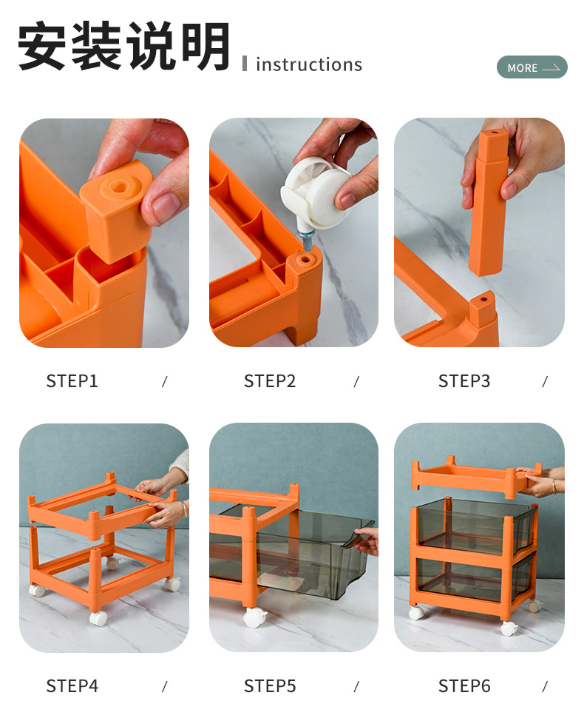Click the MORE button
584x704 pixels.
pos(532,67)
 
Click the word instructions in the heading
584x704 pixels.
pos(309,64)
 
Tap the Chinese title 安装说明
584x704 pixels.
pos(124,46)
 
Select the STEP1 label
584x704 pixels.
pos(72,381)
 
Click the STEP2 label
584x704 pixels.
pos(270,381)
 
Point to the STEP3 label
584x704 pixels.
pos(464,381)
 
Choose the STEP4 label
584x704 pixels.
pos(72,686)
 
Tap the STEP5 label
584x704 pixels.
pos(270,686)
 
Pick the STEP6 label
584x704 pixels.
pos(464,686)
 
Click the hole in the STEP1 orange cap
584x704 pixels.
pos(119,185)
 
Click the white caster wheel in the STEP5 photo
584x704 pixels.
pos(254,618)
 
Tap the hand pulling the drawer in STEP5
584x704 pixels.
pos(366,540)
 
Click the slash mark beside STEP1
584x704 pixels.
pos(165,382)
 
